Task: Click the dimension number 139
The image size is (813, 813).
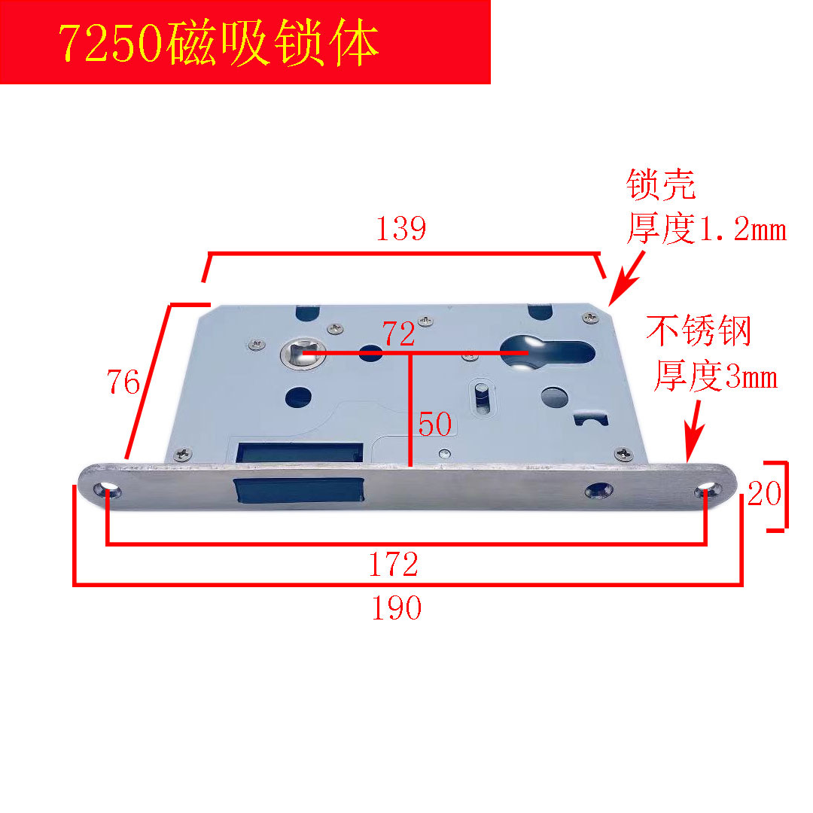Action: tap(401, 229)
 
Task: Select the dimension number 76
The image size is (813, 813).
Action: tap(123, 383)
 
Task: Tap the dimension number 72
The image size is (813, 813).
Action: tap(398, 334)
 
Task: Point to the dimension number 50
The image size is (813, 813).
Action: tap(435, 425)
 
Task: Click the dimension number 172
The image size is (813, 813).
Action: tap(393, 564)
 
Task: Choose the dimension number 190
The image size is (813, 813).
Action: tap(396, 608)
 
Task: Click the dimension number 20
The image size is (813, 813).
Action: tap(764, 495)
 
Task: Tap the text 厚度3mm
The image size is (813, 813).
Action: tap(715, 377)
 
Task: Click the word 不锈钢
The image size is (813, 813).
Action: tap(699, 332)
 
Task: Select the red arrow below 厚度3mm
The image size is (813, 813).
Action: tap(694, 430)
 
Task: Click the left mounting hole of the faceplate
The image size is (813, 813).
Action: tap(108, 491)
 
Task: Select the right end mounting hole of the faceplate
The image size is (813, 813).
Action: tap(705, 491)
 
